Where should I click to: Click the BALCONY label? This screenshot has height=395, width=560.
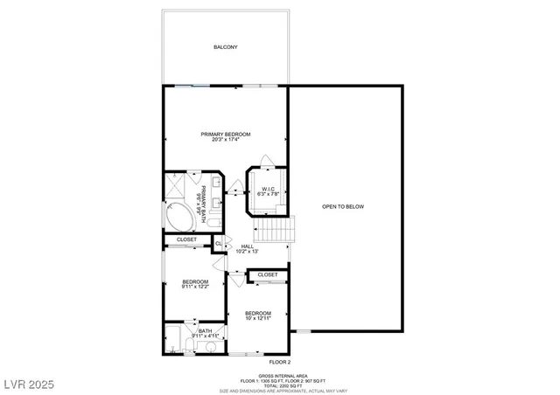225,47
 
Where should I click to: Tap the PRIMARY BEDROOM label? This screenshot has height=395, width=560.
225,134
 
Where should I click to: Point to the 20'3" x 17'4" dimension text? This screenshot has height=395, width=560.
225,140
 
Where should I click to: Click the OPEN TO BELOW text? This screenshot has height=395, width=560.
342,206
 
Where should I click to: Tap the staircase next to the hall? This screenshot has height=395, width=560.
275,230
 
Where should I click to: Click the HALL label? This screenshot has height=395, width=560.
247,247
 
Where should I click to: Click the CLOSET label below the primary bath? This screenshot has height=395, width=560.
186,239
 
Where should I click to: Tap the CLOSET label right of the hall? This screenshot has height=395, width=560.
268,274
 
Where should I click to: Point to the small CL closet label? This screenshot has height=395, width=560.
218,243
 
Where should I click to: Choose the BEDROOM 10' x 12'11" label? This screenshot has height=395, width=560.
257,315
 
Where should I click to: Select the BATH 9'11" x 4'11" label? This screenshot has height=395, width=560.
204,333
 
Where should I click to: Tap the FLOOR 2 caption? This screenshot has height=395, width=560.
279,362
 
